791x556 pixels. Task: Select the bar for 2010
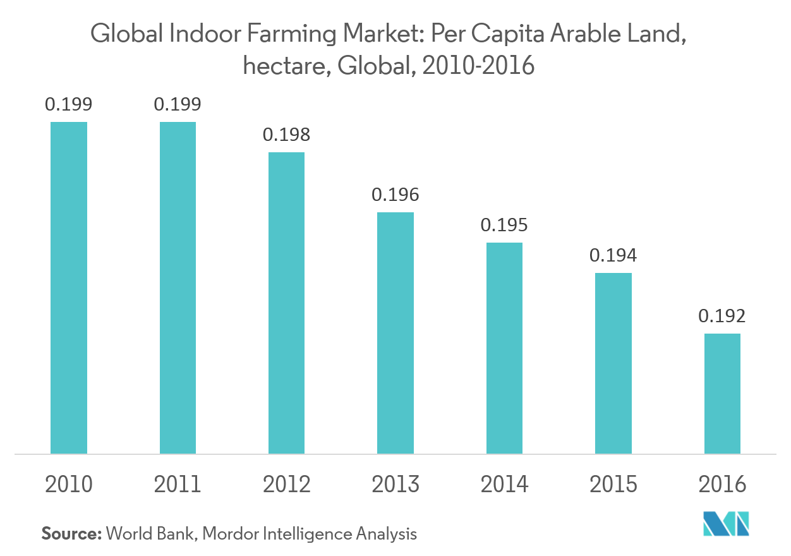(69, 287)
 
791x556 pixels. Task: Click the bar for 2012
(286, 303)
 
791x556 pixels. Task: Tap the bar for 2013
(395, 332)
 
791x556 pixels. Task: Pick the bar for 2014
(504, 347)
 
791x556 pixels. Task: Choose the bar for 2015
(613, 363)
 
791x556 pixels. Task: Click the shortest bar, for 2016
(722, 393)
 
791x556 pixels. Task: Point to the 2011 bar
(178, 287)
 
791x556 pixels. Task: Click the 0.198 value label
(286, 135)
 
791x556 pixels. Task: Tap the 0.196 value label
(395, 195)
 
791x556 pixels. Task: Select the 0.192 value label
(722, 316)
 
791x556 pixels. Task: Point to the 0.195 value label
(504, 225)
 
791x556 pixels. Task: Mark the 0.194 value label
(613, 255)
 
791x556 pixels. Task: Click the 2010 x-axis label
(69, 485)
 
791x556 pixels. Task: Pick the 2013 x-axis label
(395, 485)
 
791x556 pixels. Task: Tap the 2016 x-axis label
(722, 485)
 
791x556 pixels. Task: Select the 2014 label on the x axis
(504, 485)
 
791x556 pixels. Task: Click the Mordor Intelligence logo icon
(726, 524)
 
